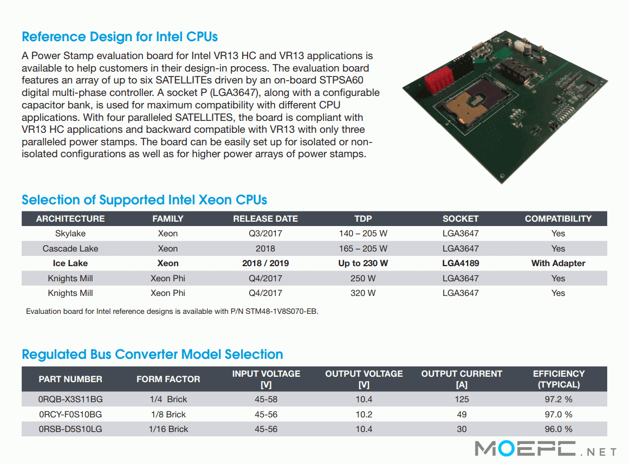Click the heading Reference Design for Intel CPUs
(x=120, y=37)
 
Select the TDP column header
(x=363, y=219)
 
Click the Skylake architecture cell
(x=70, y=234)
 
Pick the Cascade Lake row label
(x=70, y=248)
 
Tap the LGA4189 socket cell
(x=460, y=263)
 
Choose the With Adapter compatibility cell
(x=558, y=263)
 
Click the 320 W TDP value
(x=363, y=293)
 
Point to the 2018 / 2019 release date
(x=265, y=263)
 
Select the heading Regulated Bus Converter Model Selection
(x=152, y=354)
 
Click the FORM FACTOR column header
(x=168, y=379)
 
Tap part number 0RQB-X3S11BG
(x=70, y=399)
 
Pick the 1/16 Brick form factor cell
(x=168, y=429)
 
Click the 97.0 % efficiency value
(x=558, y=414)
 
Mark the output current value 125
(x=462, y=399)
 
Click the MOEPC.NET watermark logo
(x=545, y=448)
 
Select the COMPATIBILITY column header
(x=558, y=219)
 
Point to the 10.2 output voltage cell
(x=363, y=414)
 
